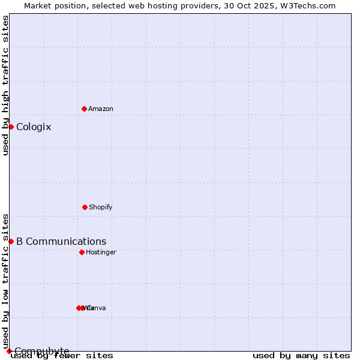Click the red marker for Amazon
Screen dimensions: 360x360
coord(84,109)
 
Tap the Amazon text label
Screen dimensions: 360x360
coord(101,109)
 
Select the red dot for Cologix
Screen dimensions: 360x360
coord(11,127)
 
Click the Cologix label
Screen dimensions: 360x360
coord(34,127)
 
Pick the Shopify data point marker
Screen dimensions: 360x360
coord(85,207)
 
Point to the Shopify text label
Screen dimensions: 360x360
coord(101,207)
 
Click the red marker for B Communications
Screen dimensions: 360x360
coord(11,241)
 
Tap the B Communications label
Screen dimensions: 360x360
coord(61,241)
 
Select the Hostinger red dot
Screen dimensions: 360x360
coord(82,252)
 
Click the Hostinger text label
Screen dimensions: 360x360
coord(101,252)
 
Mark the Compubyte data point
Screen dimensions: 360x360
coord(9,351)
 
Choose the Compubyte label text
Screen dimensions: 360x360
coord(42,351)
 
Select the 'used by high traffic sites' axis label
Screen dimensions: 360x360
coord(5,85)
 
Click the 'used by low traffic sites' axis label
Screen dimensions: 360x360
coord(5,281)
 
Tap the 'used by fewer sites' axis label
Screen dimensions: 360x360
coord(62,355)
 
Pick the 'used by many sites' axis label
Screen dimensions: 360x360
coord(301,355)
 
